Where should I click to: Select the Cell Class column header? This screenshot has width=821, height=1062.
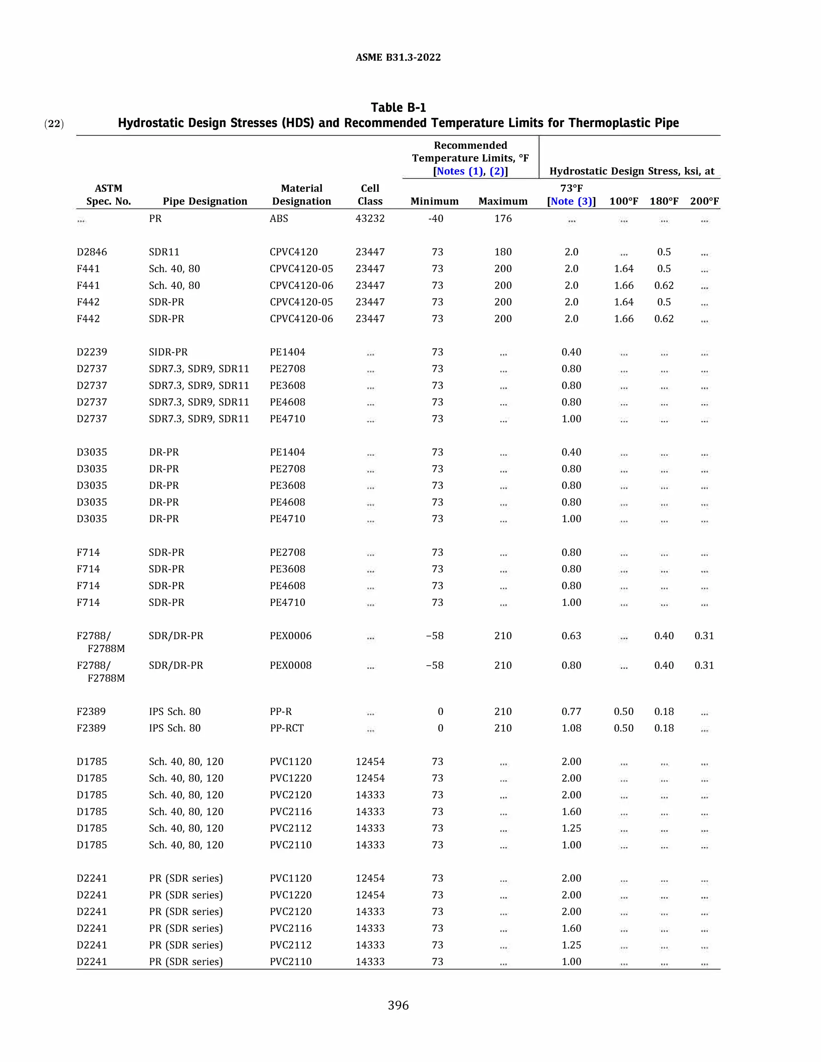point(370,194)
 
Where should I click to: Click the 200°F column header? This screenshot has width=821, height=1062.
point(704,201)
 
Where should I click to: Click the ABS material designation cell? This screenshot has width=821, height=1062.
point(279,218)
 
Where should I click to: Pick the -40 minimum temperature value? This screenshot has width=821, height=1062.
point(435,218)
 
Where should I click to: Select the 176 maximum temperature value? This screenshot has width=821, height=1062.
point(503,218)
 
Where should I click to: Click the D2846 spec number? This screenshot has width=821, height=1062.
point(91,252)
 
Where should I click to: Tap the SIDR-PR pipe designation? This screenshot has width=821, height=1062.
point(168,352)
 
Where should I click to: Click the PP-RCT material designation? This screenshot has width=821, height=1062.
point(287,728)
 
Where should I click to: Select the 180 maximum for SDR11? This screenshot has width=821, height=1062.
point(503,252)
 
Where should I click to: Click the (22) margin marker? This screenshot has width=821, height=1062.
point(54,123)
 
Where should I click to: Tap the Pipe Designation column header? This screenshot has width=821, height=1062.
point(205,201)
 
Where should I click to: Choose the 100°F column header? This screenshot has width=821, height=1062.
point(623,201)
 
